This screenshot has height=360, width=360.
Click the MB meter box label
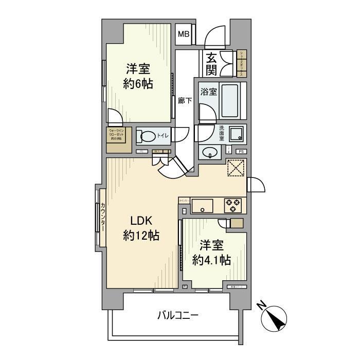coord(184,35)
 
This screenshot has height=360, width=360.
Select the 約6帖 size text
coord(138,84)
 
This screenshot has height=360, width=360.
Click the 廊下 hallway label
coord(185,101)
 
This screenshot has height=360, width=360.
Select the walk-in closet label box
coord(118,139)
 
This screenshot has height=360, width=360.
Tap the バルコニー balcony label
coord(178,315)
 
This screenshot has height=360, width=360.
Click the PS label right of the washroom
coord(240,151)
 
